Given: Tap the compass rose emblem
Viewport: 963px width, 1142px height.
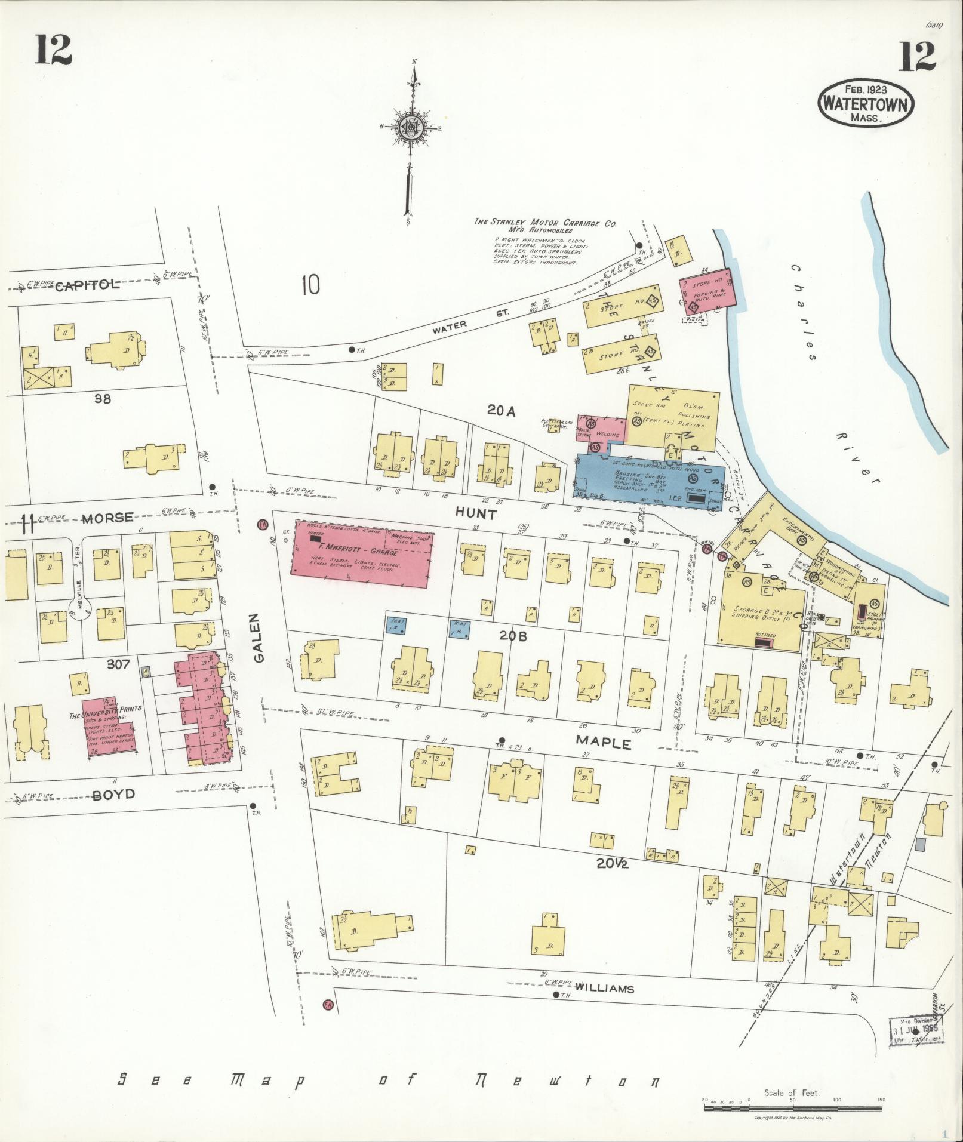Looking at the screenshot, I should tap(411, 127).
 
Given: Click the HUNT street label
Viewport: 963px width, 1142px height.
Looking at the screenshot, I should tap(476, 513).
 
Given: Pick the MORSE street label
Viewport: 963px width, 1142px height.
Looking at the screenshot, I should tap(107, 518).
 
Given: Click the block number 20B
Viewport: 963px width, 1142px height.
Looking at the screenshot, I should tap(513, 636).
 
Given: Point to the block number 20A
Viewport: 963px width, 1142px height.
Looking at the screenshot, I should tap(500, 410).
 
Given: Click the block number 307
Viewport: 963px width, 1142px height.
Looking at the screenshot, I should tap(118, 663).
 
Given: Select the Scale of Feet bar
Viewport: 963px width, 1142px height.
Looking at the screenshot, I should tap(793, 1108).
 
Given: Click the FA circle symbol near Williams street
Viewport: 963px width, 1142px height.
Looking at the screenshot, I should tap(327, 1005).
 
